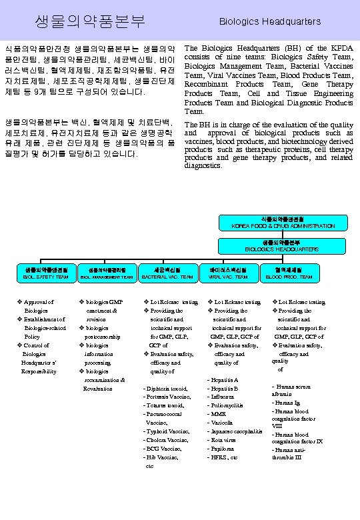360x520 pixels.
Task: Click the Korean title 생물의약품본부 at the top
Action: (89, 21)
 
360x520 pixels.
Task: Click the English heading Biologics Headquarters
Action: (270, 22)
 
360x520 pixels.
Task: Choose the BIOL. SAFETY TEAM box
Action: (45, 273)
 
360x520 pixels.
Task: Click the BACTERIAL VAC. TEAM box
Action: (167, 273)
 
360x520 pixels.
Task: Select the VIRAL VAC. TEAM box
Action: (227, 273)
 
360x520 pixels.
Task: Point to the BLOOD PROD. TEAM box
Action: (288, 273)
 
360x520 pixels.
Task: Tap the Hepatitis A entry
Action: (223, 380)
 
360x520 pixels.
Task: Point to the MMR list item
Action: (218, 415)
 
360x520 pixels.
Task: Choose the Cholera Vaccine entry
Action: (167, 440)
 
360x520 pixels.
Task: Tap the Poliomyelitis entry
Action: (227, 406)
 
